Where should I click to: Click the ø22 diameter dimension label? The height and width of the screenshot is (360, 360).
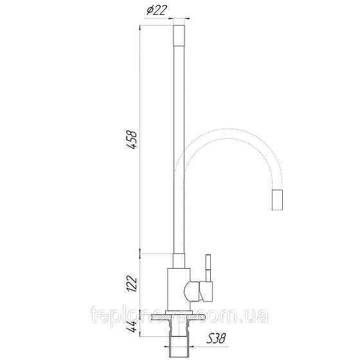pos(157,11)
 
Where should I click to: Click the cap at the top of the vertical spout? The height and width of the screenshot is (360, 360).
pos(181,33)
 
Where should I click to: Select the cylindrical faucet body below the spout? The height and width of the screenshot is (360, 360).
pos(177,289)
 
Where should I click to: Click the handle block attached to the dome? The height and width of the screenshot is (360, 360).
pos(206,293)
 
